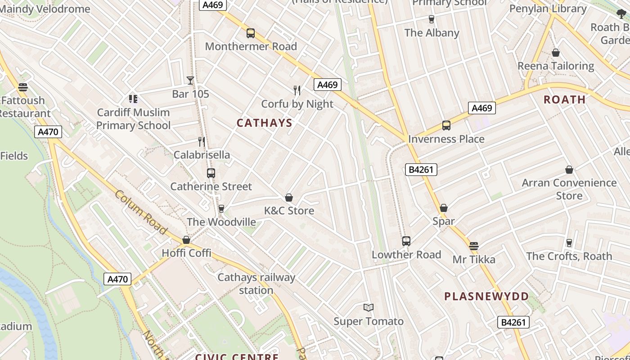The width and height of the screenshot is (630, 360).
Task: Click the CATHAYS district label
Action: (264, 123)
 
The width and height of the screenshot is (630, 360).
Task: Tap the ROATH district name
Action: (564, 99)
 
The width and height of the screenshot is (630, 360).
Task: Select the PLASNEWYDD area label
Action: (486, 296)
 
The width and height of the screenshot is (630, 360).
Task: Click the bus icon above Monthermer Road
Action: (251, 33)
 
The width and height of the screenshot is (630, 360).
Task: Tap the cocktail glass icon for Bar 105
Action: (190, 81)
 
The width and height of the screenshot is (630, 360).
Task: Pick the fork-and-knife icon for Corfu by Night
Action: (297, 90)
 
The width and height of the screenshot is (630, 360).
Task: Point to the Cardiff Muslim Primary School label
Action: (133, 119)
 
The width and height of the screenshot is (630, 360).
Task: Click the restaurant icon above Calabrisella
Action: (202, 142)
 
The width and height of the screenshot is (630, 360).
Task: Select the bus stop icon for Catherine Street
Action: (211, 173)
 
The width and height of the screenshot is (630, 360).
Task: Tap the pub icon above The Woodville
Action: (221, 209)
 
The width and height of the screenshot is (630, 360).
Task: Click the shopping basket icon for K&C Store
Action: (289, 198)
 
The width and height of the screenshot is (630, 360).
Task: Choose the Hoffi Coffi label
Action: (186, 253)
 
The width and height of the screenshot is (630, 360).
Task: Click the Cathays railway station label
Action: (256, 283)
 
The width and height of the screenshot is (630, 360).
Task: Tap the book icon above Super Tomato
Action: (369, 308)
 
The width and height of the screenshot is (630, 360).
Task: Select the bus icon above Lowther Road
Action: (406, 241)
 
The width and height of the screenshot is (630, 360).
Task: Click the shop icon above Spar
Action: (444, 208)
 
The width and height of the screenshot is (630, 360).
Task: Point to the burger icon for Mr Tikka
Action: (473, 246)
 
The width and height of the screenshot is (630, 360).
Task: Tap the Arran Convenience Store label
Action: (569, 189)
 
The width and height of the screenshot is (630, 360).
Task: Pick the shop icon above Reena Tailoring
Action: (556, 53)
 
